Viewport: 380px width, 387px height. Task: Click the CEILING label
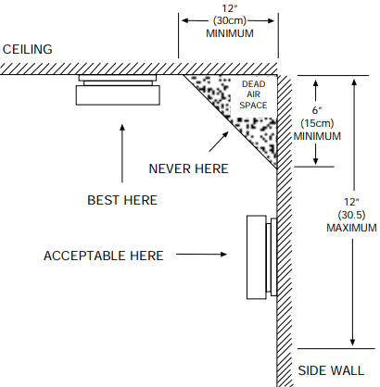28,49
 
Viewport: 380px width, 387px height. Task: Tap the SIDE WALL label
331,370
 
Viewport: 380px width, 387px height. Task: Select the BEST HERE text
122,200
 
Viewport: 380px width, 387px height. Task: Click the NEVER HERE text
188,169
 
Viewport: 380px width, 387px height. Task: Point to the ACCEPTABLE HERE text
104,256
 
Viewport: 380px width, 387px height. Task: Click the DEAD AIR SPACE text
253,94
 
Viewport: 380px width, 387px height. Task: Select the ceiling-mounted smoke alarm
118,90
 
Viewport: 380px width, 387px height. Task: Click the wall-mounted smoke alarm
261,257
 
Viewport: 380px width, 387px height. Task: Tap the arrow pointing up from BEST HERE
122,154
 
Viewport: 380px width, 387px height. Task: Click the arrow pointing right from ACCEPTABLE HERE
201,255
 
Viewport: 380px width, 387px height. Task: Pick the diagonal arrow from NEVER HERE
219,142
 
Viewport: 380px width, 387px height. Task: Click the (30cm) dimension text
230,20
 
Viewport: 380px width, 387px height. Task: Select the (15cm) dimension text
317,123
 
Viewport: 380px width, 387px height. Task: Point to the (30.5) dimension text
351,215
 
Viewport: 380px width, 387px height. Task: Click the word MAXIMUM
351,228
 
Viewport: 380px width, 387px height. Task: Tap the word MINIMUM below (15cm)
317,136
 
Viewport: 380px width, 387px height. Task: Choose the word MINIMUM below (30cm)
230,33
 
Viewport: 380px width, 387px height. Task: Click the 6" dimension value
317,110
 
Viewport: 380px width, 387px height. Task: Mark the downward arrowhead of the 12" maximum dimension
352,342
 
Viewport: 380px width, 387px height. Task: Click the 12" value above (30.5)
351,202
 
